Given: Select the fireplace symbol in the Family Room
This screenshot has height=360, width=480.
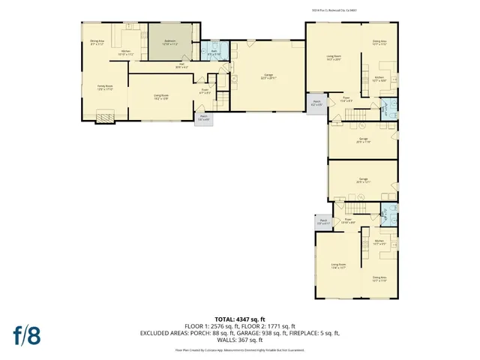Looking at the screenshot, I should pyautogui.click(x=109, y=115).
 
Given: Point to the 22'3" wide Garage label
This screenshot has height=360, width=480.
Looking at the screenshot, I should pyautogui.click(x=268, y=76).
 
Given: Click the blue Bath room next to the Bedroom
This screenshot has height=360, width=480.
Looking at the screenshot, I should pyautogui.click(x=213, y=52).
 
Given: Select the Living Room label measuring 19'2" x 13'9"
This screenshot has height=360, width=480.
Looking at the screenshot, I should pyautogui.click(x=160, y=97).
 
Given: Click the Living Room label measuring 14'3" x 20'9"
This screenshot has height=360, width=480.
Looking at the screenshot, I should pyautogui.click(x=333, y=57).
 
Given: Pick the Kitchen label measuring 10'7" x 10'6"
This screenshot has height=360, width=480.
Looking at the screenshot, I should pyautogui.click(x=379, y=78).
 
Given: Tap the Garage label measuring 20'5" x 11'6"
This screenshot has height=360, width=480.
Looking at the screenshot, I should pyautogui.click(x=363, y=140).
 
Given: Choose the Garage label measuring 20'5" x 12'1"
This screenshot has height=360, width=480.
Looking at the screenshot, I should pyautogui.click(x=363, y=180).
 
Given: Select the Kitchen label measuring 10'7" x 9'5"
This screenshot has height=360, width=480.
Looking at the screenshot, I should pyautogui.click(x=379, y=242).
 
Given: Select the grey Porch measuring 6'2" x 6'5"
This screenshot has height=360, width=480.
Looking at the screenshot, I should pyautogui.click(x=316, y=104).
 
